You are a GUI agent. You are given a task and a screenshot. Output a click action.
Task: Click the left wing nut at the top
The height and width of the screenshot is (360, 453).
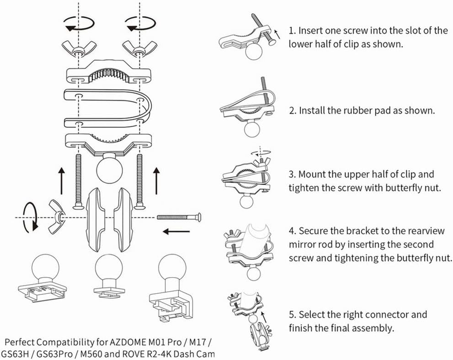tap(78, 48)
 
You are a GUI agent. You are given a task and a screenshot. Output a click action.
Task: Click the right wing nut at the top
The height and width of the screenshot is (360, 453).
tap(140, 48)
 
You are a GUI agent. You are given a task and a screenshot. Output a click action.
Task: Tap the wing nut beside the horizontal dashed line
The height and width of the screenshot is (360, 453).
tap(57, 216)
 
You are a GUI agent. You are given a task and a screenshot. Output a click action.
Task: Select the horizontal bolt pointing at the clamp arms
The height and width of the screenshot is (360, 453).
tap(179, 217)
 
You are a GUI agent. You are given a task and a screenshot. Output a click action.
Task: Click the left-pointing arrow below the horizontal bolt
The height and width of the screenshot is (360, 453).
tap(176, 231)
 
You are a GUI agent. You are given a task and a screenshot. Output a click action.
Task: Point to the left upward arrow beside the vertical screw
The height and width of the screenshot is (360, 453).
tap(62, 180)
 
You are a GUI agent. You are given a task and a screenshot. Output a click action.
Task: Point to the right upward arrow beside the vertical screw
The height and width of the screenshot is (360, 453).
tap(156, 180)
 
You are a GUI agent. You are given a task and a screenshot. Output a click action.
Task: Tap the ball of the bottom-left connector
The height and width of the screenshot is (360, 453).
tap(45, 267)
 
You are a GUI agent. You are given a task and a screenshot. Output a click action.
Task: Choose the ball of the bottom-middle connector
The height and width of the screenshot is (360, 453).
tap(109, 268)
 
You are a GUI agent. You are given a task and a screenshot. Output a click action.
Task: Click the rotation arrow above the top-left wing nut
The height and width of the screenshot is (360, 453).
tap(79, 24)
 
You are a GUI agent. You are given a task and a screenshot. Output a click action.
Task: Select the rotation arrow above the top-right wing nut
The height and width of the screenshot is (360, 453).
tap(141, 24)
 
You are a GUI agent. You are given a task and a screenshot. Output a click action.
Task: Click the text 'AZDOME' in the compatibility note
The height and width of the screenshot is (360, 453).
tap(128, 342)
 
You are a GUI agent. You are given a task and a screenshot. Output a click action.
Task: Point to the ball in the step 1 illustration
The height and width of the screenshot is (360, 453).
tap(254, 51)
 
